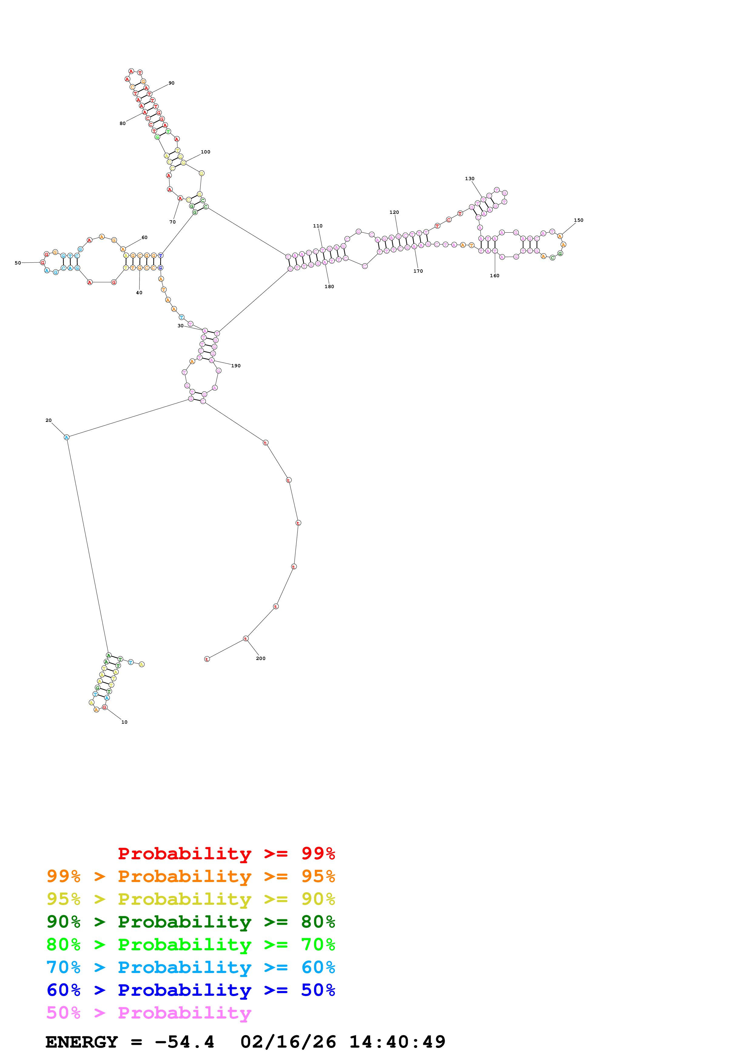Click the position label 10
click(124, 722)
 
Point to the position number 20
click(49, 420)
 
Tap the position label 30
click(180, 326)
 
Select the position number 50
click(18, 263)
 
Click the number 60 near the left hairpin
click(145, 237)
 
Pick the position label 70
click(172, 222)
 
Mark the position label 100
click(205, 152)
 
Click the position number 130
click(469, 178)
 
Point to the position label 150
click(578, 220)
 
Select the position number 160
click(494, 276)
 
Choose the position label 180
click(329, 286)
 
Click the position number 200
click(260, 658)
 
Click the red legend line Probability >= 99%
click(226, 853)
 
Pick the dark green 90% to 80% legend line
click(191, 922)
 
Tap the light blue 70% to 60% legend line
click(191, 967)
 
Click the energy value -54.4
click(184, 1042)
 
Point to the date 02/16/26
click(288, 1042)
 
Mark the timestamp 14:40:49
click(397, 1042)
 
